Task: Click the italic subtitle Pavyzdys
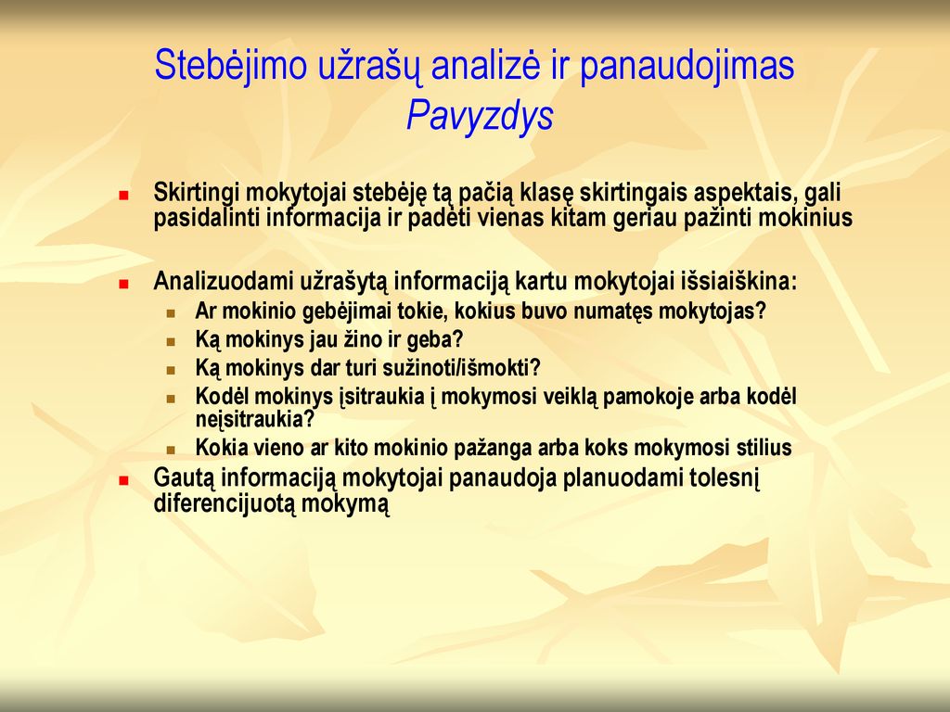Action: [480, 116]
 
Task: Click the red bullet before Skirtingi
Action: [124, 196]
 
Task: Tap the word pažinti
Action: [717, 218]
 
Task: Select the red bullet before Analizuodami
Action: [124, 284]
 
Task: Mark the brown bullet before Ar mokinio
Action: [172, 313]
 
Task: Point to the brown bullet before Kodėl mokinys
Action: [172, 399]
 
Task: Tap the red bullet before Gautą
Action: [124, 481]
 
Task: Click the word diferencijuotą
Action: [225, 504]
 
